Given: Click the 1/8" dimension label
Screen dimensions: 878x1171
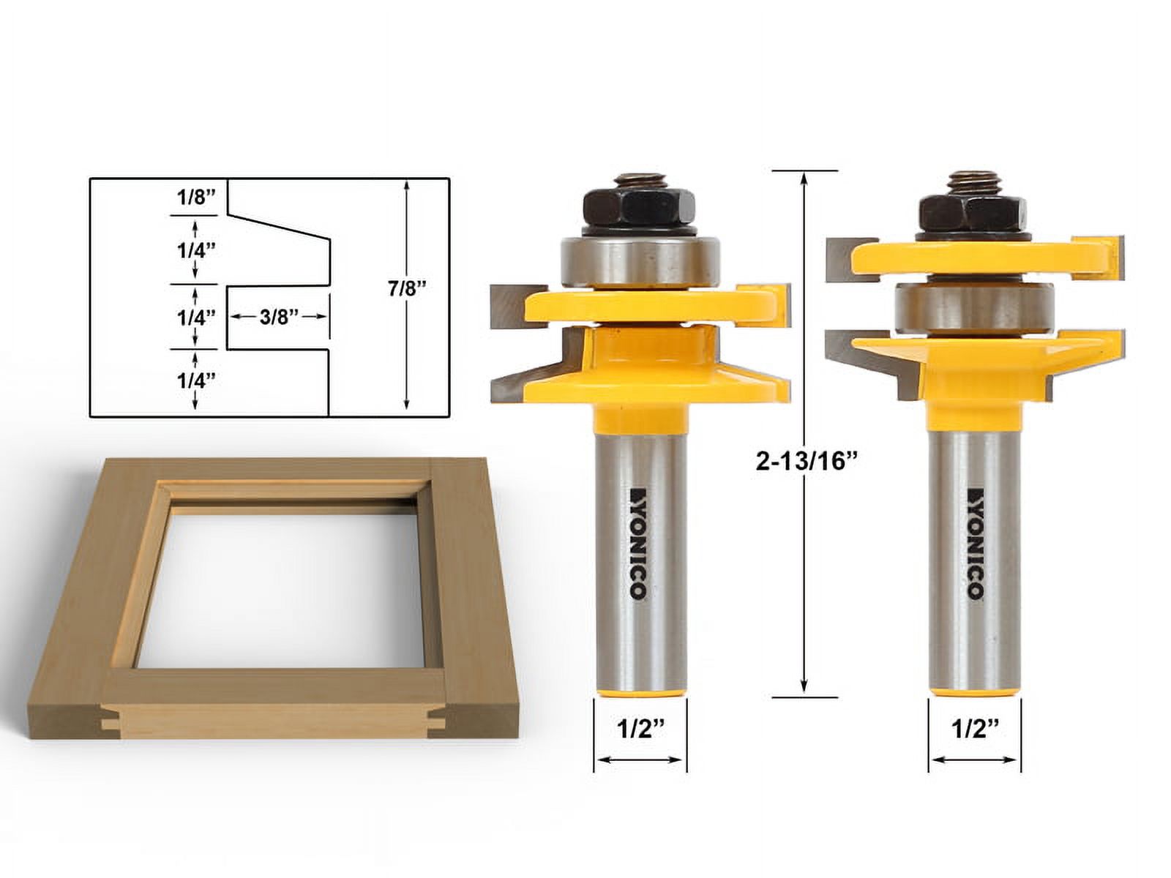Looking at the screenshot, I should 195,197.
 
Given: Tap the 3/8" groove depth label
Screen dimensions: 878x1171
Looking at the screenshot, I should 279,317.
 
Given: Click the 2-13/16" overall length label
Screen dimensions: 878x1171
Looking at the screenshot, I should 806,461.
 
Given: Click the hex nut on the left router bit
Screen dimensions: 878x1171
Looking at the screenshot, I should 639,209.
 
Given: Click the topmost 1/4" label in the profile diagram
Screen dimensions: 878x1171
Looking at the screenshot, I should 195,249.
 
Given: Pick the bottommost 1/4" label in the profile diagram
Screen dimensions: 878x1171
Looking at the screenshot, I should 195,380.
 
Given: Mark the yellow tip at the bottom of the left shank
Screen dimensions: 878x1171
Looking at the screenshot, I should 640,689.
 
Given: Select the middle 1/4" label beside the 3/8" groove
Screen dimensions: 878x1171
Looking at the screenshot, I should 195,317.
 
